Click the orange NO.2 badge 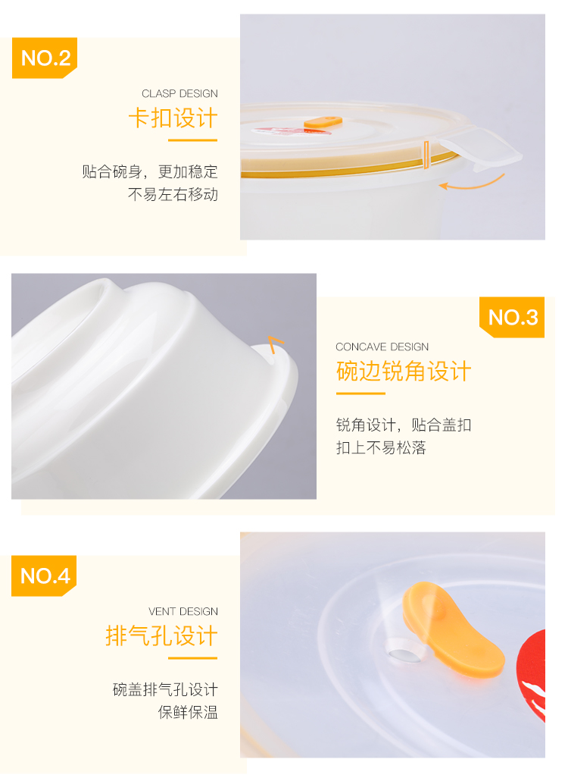45,58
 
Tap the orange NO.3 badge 513,317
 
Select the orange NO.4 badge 45,576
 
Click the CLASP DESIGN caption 179,94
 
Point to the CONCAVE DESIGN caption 382,347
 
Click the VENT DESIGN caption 183,611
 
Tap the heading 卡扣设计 173,119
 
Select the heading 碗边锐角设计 404,372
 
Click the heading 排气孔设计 161,636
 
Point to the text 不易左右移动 173,195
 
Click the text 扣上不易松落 381,447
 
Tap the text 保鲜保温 188,713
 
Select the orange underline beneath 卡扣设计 192,140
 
